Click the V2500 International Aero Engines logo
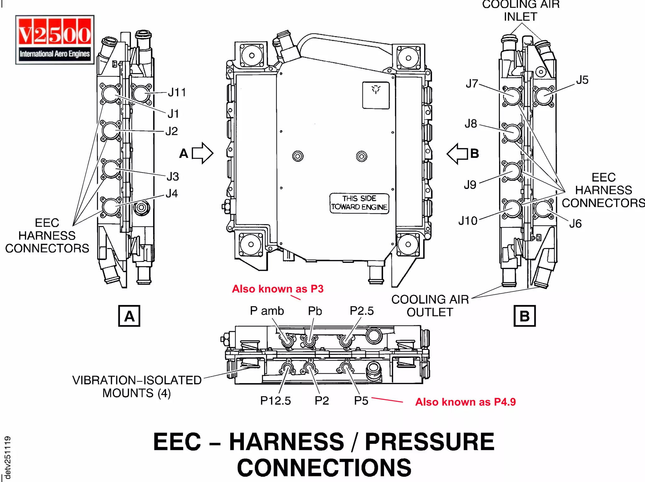(x=55, y=40)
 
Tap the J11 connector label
(x=177, y=93)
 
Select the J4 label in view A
(x=172, y=193)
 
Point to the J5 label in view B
(x=582, y=80)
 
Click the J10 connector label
(x=468, y=221)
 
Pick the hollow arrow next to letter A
(x=203, y=153)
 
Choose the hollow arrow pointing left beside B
(x=458, y=154)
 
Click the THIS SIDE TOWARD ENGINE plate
(x=359, y=203)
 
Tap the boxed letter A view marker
(x=129, y=316)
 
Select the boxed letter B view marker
(x=524, y=316)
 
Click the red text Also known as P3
(x=277, y=289)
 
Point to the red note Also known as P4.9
(x=465, y=402)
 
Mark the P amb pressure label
(x=267, y=311)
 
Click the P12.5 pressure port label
(x=275, y=401)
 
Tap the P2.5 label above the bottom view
(x=362, y=311)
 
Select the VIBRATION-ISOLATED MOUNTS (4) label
(x=137, y=387)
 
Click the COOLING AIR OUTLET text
(x=430, y=306)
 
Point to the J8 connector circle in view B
(x=512, y=133)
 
